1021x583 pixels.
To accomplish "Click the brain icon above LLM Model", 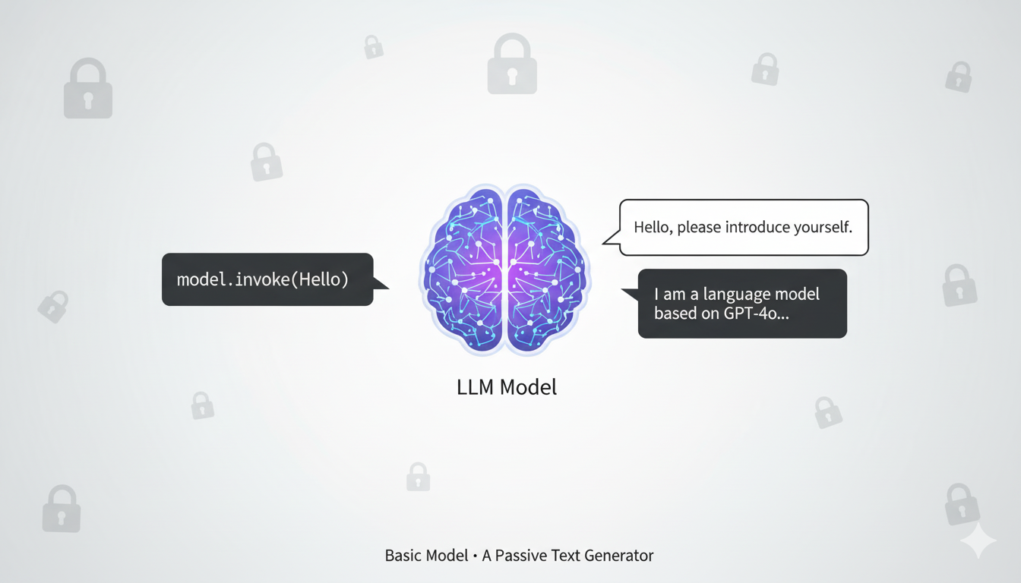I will point(505,269).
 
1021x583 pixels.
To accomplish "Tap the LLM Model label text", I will point(507,387).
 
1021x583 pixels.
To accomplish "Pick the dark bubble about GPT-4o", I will point(741,303).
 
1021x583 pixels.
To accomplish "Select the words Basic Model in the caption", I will point(426,556).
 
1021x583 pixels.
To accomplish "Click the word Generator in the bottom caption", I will point(616,556).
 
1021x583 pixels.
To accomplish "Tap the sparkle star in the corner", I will point(978,541).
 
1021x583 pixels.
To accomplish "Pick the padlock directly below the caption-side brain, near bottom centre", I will point(418,477).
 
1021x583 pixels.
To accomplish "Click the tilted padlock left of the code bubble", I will point(53,307).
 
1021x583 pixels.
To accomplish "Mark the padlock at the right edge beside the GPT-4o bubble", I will point(959,285).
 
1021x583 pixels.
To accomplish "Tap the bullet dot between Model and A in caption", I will point(475,556).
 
